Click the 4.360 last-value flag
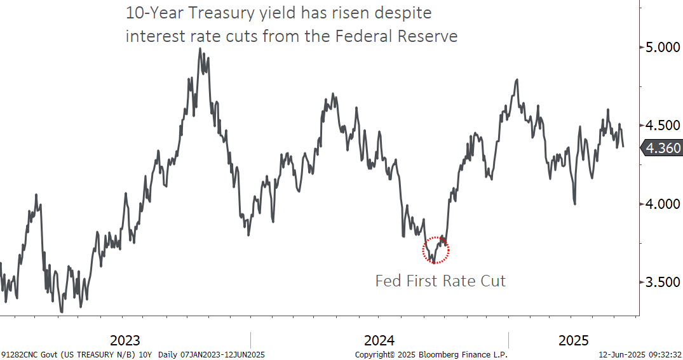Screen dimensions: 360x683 pos(662,149)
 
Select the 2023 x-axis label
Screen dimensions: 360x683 pos(125,340)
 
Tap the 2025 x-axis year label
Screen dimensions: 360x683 pos(573,340)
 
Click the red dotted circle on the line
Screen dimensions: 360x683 pos(436,250)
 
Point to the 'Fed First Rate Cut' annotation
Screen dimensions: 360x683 pos(440,281)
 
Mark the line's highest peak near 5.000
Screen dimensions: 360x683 pos(200,49)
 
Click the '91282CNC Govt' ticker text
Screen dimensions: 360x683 pos(30,355)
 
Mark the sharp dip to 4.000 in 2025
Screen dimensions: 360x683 pos(575,204)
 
